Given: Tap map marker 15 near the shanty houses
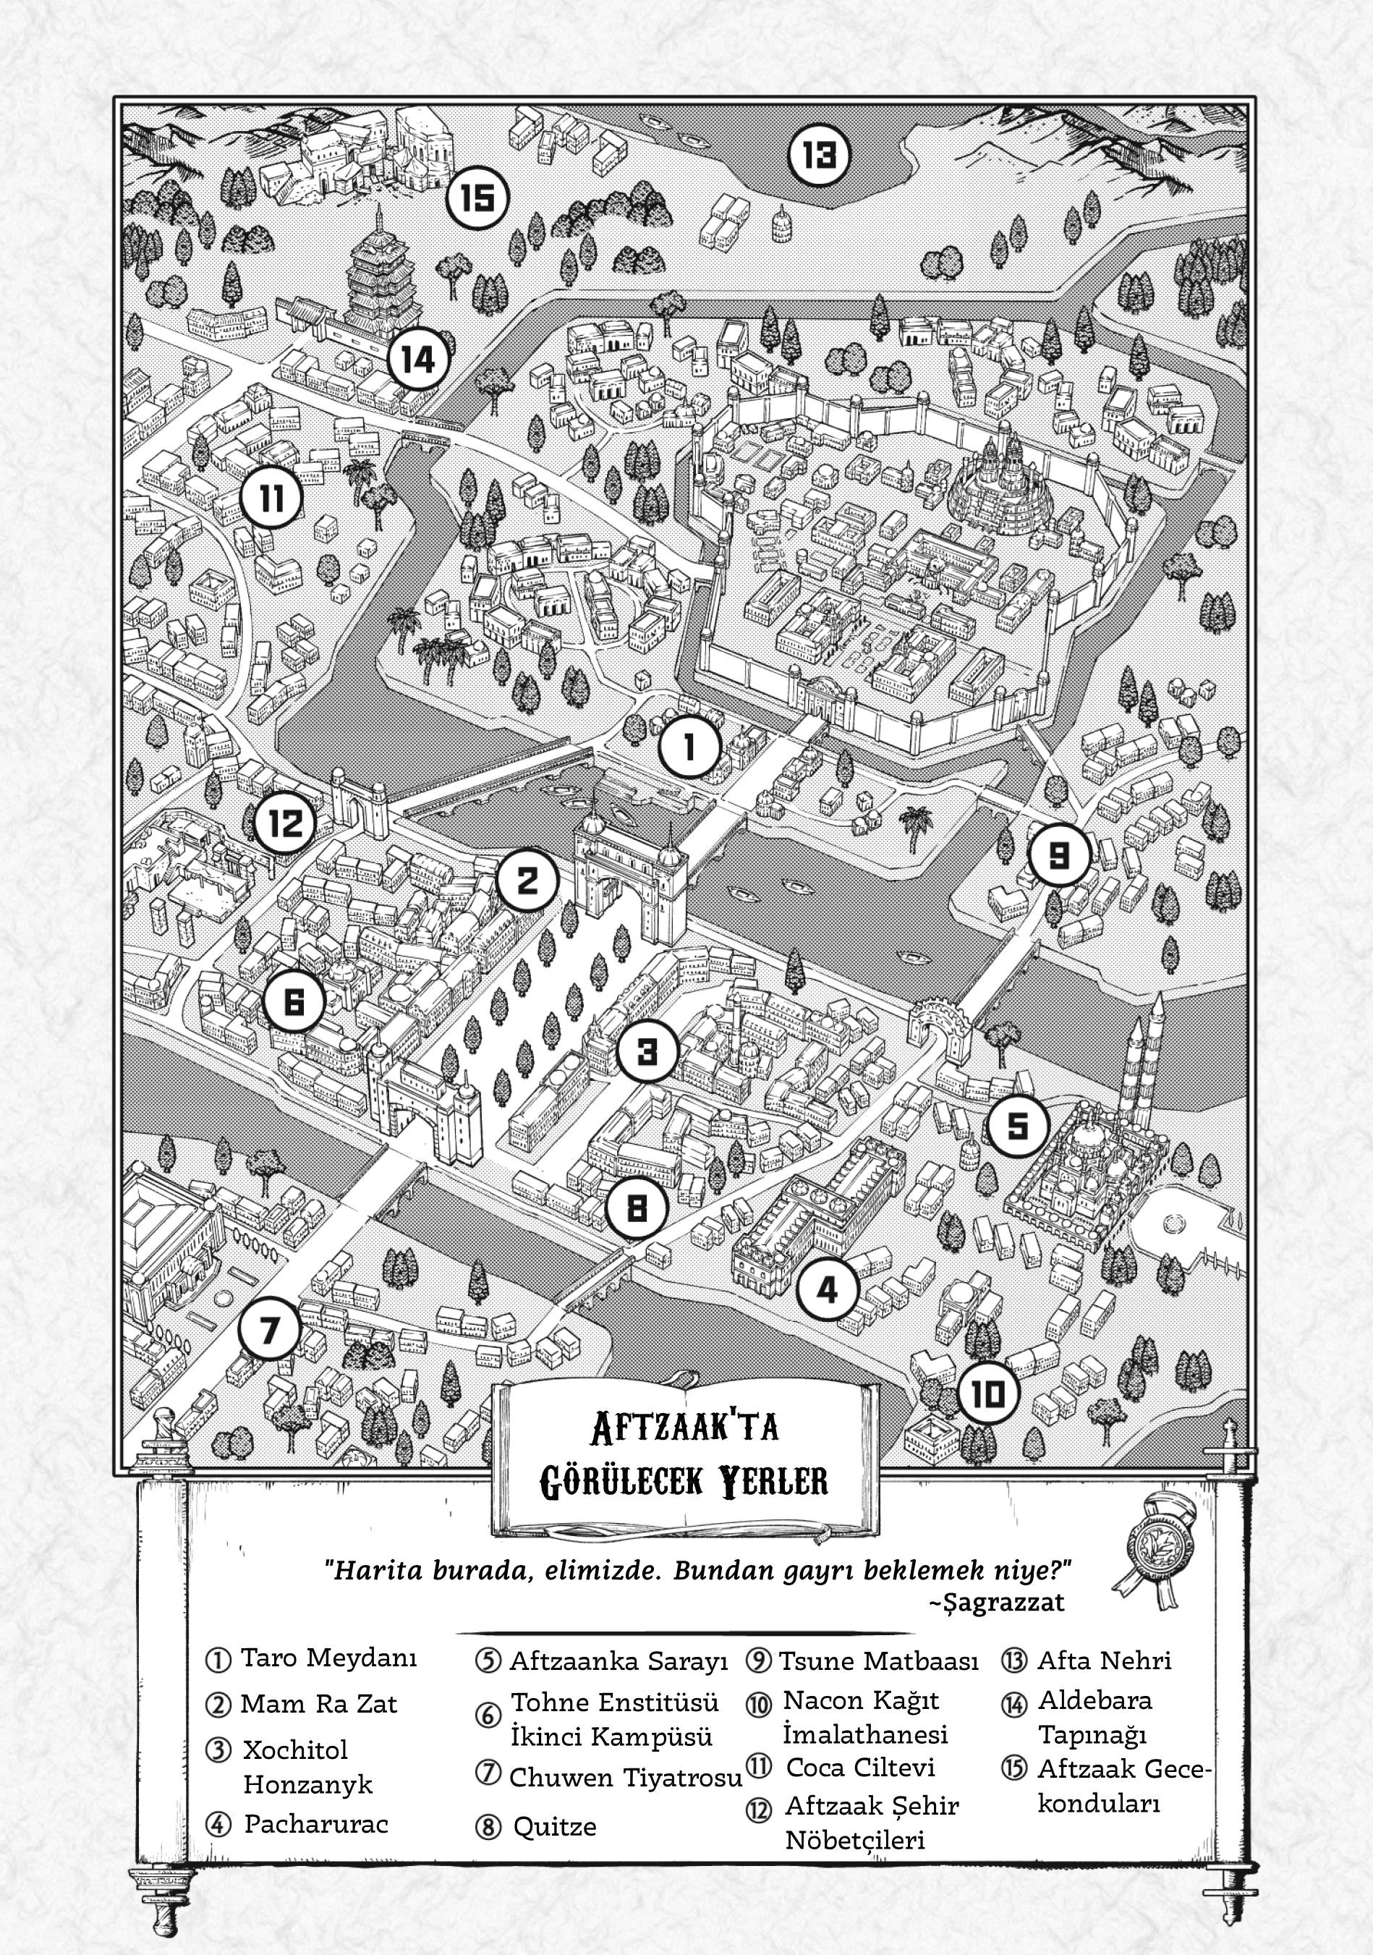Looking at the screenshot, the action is [x=477, y=198].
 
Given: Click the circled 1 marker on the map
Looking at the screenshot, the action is [x=689, y=747].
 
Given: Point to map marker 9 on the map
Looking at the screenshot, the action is [x=1059, y=854].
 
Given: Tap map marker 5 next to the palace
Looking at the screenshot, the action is [x=1018, y=1126].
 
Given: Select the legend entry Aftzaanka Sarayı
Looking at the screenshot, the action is [x=619, y=1658].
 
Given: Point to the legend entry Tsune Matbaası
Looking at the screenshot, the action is [x=878, y=1658].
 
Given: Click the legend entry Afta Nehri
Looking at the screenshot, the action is [x=1104, y=1658].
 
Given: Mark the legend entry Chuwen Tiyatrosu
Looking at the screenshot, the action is [x=626, y=1777].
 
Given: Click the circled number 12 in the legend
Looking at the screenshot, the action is [x=758, y=1810].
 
